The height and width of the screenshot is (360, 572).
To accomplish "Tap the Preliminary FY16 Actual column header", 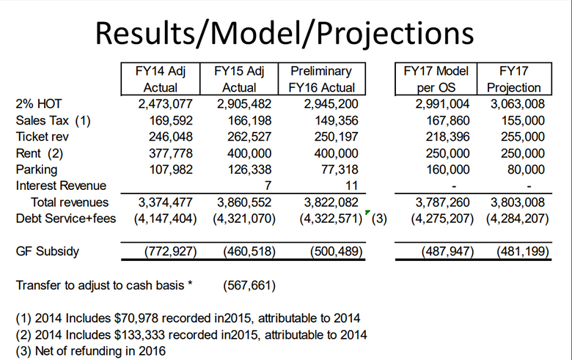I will point(321,79).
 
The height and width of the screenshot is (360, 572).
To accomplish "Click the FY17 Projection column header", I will point(515,79).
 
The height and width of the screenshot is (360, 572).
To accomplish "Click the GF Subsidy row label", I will point(47,251).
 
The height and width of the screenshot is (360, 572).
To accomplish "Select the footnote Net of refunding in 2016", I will point(91,350).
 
